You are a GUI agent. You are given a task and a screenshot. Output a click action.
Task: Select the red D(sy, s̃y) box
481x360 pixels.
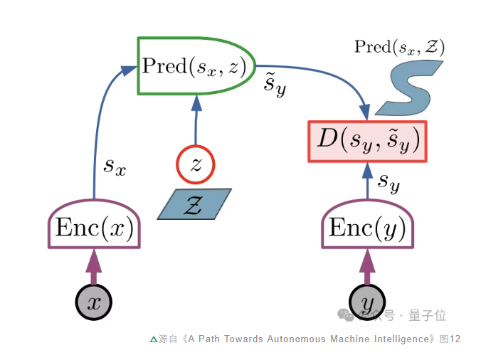(x=367, y=141)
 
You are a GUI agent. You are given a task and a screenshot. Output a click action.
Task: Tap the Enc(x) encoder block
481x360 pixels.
(x=94, y=228)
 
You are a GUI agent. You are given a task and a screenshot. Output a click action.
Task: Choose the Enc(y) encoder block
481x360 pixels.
(x=366, y=228)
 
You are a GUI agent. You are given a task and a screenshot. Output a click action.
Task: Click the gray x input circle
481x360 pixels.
(x=94, y=302)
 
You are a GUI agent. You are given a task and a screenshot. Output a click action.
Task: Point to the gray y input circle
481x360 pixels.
(x=367, y=302)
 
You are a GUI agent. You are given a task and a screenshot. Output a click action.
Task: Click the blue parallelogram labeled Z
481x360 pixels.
(x=195, y=204)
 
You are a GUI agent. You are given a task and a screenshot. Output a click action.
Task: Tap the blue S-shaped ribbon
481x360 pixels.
(x=408, y=88)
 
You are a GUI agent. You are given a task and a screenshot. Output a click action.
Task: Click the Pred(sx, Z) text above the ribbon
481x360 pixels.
(x=399, y=48)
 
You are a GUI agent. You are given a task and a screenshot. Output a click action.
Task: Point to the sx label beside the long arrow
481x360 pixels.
(x=115, y=166)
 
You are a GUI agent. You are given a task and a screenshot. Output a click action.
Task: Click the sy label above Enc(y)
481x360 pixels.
(x=388, y=183)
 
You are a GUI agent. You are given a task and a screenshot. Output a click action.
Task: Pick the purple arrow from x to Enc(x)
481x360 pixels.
(x=94, y=266)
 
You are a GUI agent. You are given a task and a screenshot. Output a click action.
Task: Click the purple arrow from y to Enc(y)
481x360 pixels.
(x=367, y=266)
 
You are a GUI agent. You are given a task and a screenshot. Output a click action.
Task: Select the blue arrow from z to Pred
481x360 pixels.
(x=195, y=121)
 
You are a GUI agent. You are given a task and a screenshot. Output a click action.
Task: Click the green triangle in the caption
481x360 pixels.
(x=153, y=339)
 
